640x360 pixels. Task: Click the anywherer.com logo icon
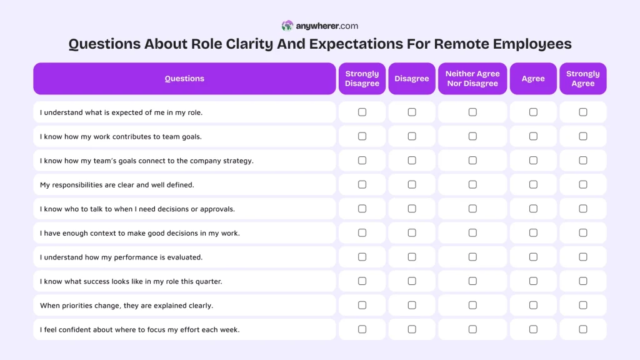click(287, 26)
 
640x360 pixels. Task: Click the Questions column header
click(184, 79)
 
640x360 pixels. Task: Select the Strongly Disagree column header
click(362, 79)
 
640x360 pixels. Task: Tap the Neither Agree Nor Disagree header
click(472, 79)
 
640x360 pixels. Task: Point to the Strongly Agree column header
click(582, 79)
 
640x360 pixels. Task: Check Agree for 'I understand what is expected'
click(533, 112)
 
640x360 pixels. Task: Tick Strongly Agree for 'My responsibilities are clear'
click(583, 184)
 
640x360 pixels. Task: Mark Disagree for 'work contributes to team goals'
click(412, 136)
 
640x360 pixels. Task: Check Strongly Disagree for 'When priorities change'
click(362, 305)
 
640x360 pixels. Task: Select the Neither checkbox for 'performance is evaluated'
click(472, 257)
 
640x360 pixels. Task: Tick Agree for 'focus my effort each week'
click(533, 329)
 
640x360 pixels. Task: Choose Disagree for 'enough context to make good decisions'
click(412, 232)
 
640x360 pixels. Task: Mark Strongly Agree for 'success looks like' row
click(583, 281)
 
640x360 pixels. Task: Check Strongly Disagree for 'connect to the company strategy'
click(362, 161)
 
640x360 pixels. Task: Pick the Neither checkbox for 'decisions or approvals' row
click(472, 209)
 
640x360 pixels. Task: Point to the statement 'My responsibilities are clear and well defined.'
click(117, 185)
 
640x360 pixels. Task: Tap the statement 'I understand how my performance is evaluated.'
click(121, 257)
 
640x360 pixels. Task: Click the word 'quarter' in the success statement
click(207, 282)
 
